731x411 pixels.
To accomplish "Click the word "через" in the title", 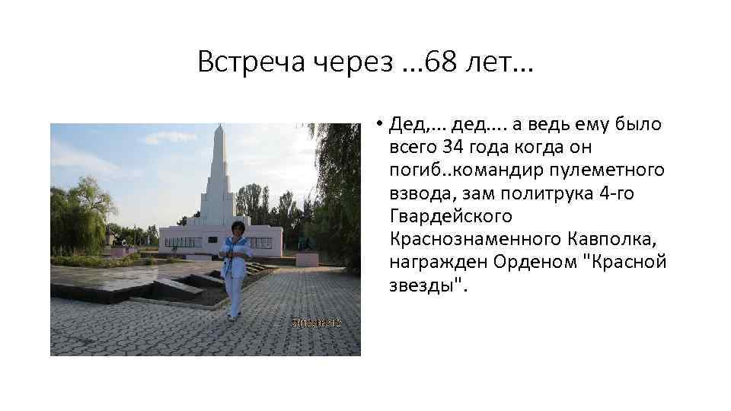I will tap(353, 62).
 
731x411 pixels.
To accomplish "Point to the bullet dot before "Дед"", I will tap(378, 123).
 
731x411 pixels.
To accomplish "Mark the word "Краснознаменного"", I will tap(475, 240).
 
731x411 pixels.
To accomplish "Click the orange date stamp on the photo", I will tap(314, 323).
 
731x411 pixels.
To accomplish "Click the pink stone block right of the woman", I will tap(307, 259).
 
